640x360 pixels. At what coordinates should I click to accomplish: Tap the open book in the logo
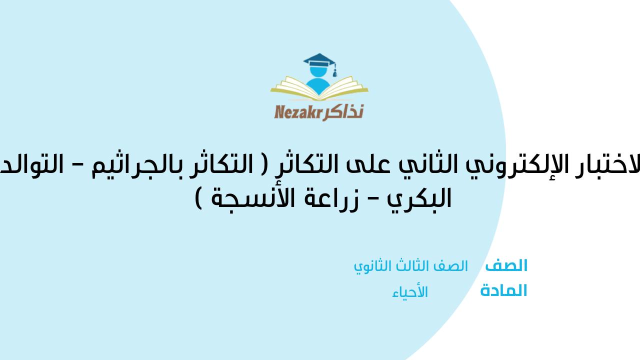pos(319,90)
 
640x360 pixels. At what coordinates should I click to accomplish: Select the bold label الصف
pos(506,265)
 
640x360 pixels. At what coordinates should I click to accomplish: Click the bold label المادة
pos(503,291)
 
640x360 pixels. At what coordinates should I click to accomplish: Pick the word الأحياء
pos(410,292)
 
